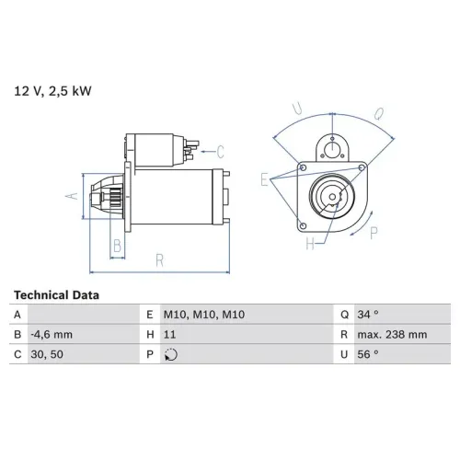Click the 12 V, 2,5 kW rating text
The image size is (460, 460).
click(52, 91)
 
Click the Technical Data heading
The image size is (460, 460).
click(56, 295)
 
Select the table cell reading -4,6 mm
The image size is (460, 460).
click(52, 334)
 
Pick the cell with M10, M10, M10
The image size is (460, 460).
click(204, 315)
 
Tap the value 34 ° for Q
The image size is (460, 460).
click(368, 315)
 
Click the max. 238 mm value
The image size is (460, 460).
click(392, 334)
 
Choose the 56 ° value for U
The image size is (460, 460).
click(368, 354)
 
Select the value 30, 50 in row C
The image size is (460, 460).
click(47, 354)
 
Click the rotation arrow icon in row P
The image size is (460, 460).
click(171, 355)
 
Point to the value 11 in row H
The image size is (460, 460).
click(169, 334)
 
